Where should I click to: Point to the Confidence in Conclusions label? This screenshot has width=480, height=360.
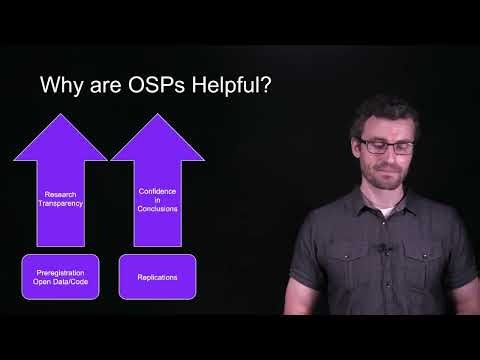coord(157,198)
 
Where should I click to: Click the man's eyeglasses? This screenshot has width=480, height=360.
coord(387,145)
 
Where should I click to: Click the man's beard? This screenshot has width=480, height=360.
coord(388,178)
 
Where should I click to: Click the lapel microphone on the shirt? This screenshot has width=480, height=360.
coord(380,248)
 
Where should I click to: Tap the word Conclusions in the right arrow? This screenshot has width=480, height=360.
coord(157,209)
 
